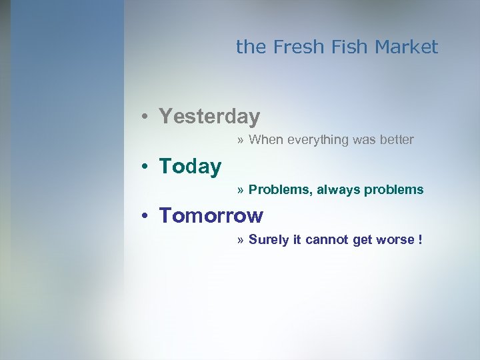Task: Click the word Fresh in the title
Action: click(x=293, y=47)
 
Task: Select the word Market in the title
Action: click(x=406, y=47)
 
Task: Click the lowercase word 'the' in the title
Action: click(x=251, y=47)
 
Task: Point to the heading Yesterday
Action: click(x=209, y=117)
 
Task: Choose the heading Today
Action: click(x=190, y=167)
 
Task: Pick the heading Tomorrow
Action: click(x=211, y=216)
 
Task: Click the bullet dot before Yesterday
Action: click(x=144, y=117)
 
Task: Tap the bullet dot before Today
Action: click(x=144, y=167)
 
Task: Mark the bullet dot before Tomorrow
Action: click(x=144, y=217)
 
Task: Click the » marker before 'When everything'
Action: click(x=240, y=140)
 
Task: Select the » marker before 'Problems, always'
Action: click(x=240, y=190)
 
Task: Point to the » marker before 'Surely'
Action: click(x=240, y=240)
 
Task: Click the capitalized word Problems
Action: click(x=280, y=190)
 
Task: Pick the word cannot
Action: click(x=327, y=240)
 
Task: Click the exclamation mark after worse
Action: click(x=420, y=240)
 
